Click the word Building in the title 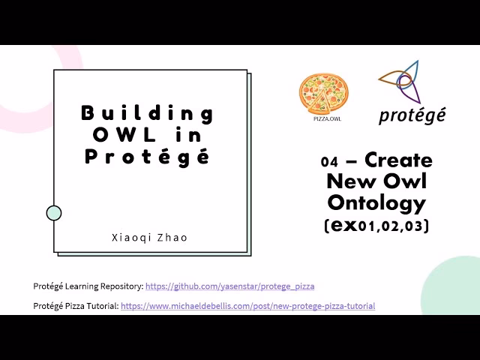[147, 113]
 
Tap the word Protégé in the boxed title [147, 157]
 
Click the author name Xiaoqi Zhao [149, 237]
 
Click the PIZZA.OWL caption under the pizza [322, 118]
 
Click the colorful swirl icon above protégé [403, 82]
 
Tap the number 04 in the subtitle [328, 161]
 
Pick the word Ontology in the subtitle [376, 202]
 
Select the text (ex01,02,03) [376, 225]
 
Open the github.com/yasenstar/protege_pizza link [229, 286]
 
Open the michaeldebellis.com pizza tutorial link [247, 306]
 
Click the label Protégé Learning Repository [88, 286]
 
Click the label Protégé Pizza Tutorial [76, 306]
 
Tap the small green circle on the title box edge [54, 213]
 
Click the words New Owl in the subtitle [376, 181]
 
